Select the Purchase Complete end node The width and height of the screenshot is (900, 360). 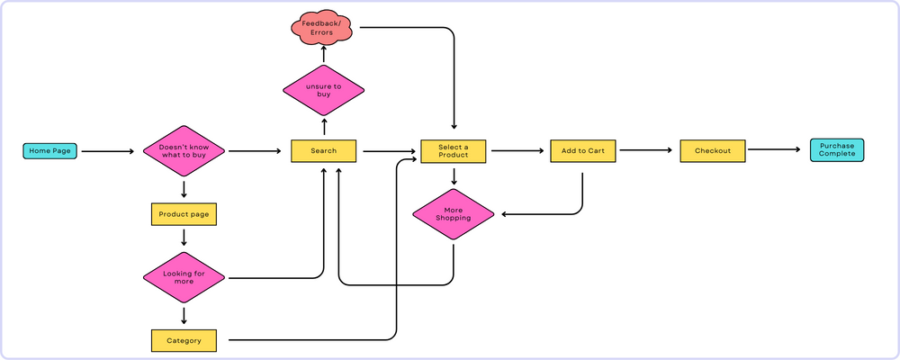click(836, 150)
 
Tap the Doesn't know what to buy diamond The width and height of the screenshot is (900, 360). click(184, 151)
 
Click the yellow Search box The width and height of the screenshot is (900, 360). click(324, 151)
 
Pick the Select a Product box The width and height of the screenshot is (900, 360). click(454, 151)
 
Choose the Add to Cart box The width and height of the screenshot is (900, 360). click(582, 151)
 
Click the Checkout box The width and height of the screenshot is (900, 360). click(713, 150)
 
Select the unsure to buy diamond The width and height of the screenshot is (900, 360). click(323, 90)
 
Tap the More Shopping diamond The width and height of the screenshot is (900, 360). click(454, 214)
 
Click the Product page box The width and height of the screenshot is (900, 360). click(184, 215)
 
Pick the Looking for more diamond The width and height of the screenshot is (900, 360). click(184, 277)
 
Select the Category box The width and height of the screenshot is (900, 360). click(184, 341)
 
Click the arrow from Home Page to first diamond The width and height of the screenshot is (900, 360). click(107, 152)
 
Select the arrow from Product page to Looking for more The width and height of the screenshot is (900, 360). click(184, 237)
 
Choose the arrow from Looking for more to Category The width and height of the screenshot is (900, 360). click(184, 315)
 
